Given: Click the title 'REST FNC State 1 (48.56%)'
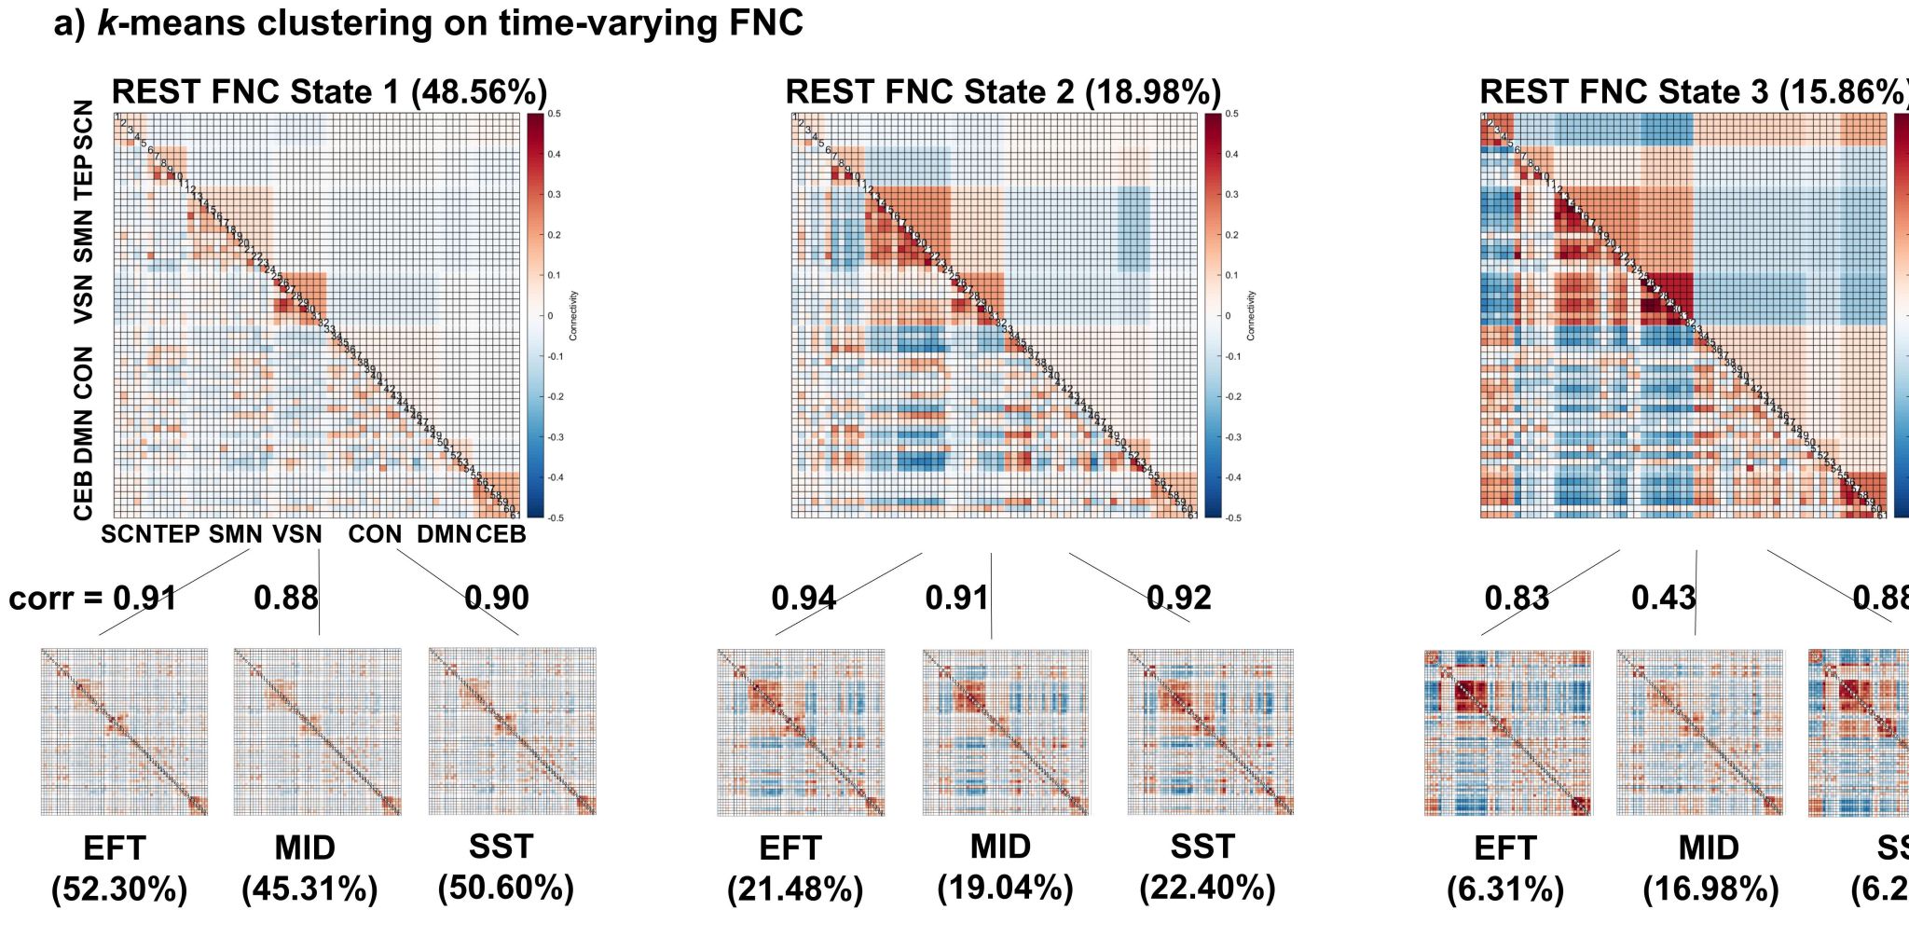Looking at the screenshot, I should pos(329,92).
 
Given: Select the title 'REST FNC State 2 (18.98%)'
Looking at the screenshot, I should pos(1003,92).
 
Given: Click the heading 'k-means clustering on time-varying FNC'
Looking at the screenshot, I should pos(428,23).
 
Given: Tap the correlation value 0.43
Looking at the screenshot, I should pos(1663,598).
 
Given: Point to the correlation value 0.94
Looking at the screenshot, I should pos(803,598).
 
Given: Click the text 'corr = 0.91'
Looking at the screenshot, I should pos(93,598).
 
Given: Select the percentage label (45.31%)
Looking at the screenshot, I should pos(309,889).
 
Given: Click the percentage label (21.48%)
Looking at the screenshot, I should pos(795,889).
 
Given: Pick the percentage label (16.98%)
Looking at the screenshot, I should pos(1710,889).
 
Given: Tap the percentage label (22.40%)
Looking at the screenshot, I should pos(1207,888).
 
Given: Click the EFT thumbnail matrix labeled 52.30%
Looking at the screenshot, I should pos(124,732).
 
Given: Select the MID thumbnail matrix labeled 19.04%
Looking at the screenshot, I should pos(1005,732).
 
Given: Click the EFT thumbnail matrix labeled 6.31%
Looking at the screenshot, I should pos(1508,733).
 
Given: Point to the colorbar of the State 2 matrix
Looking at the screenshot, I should pos(1212,315).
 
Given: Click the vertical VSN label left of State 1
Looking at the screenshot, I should pos(84,297).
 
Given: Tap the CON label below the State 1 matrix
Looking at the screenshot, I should pos(375,534).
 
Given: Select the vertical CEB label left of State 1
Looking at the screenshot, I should pos(84,494).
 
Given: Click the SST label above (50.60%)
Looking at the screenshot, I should pos(501,847).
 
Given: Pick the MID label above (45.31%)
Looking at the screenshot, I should pos(305,848).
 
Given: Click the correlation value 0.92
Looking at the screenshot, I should pos(1178,598).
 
